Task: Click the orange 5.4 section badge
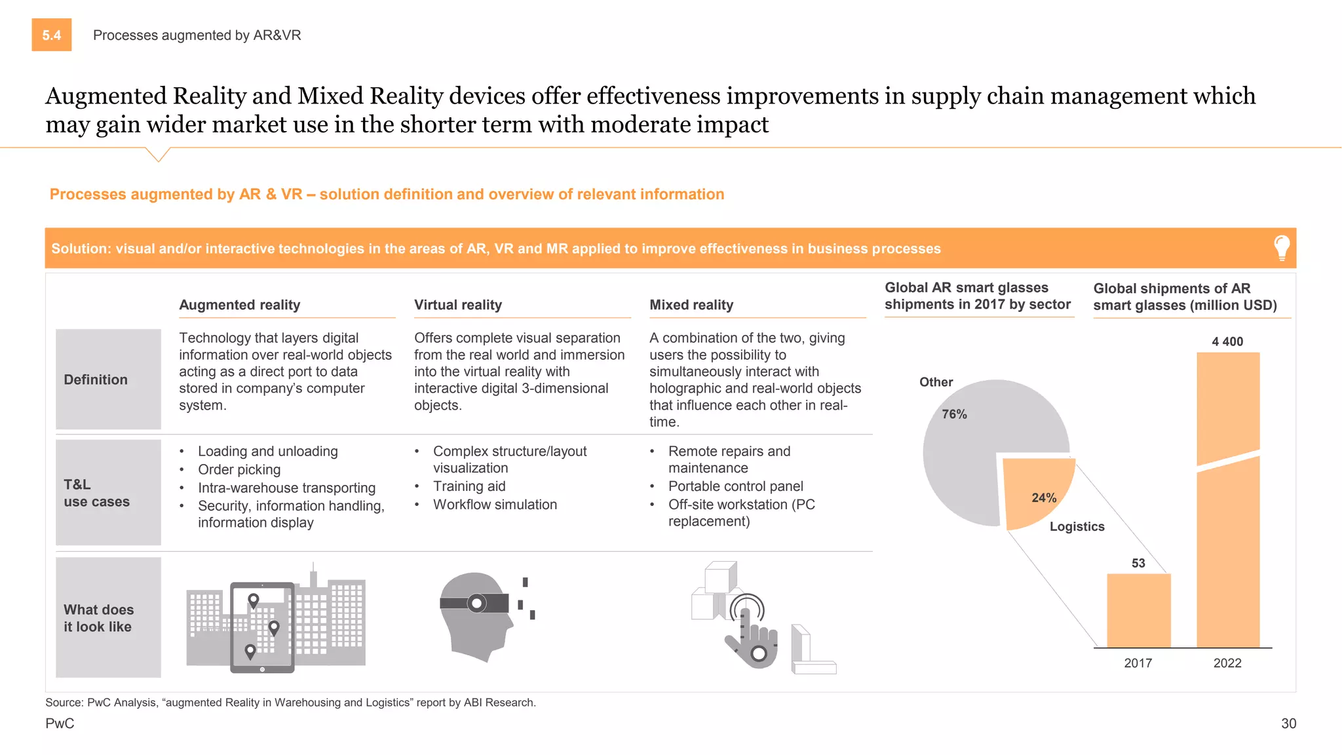click(x=52, y=35)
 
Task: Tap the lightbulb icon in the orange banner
click(x=1282, y=248)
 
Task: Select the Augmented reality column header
click(x=240, y=305)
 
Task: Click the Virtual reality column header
click(x=458, y=305)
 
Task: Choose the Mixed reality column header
click(x=691, y=305)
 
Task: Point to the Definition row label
click(x=96, y=379)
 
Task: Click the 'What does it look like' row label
click(x=98, y=618)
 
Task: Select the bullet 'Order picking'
click(x=239, y=469)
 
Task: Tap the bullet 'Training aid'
click(x=469, y=486)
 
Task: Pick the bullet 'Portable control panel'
click(x=735, y=486)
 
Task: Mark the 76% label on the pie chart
click(x=954, y=414)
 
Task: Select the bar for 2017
click(x=1138, y=610)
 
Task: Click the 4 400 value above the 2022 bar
click(x=1227, y=341)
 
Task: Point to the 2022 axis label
click(x=1227, y=663)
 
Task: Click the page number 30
click(x=1288, y=724)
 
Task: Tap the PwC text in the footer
click(x=60, y=724)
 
